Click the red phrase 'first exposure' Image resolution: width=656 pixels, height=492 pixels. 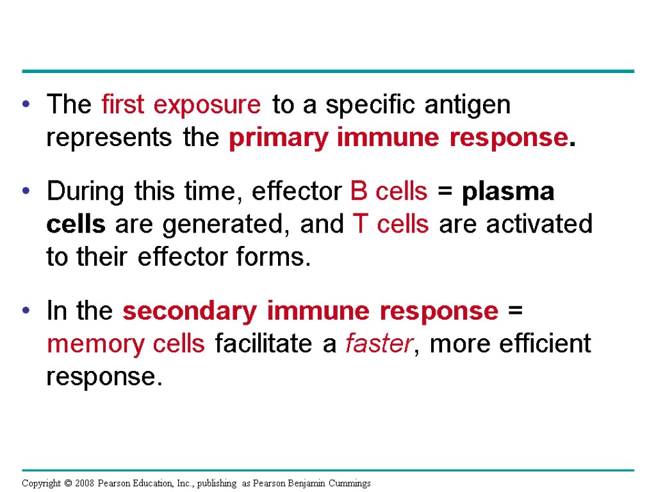click(181, 105)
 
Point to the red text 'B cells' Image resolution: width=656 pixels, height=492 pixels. click(389, 191)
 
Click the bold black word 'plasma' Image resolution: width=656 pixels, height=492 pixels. click(510, 191)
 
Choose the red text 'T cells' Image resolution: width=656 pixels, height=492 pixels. click(391, 224)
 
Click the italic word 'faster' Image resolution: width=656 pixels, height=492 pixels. click(379, 345)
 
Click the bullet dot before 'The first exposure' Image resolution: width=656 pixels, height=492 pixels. click(26, 106)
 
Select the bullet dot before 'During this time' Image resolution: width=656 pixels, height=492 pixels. click(26, 192)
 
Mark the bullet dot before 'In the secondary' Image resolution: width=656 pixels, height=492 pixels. click(26, 312)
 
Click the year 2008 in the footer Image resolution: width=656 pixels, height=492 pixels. click(83, 483)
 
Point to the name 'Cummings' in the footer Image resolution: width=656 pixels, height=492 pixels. click(349, 483)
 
